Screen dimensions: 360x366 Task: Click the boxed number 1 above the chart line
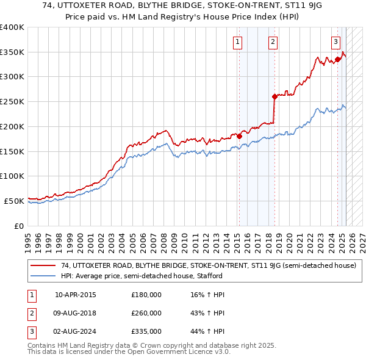[x=236, y=42]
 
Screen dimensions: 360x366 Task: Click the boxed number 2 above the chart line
[x=272, y=42]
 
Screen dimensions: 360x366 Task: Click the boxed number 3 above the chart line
[x=335, y=42]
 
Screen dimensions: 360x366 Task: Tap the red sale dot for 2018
[x=274, y=96]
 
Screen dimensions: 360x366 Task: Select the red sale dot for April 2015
[x=239, y=136]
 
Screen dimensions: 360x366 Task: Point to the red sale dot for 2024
[x=337, y=59]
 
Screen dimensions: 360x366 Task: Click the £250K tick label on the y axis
[x=12, y=101]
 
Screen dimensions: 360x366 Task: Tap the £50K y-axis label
[x=15, y=201]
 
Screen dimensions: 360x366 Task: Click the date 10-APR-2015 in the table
[x=76, y=295]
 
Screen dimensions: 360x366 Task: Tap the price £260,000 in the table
[x=146, y=313]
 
